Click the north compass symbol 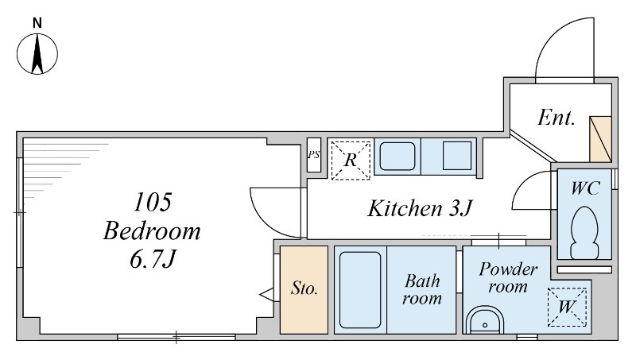[x=37, y=54]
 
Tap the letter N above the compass [x=37, y=23]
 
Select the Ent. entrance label [x=556, y=118]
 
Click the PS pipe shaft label [x=313, y=155]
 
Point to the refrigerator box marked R [x=351, y=161]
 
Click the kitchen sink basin [x=397, y=156]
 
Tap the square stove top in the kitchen [x=456, y=156]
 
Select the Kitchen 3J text [x=420, y=208]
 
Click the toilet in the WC [x=584, y=233]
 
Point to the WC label [x=585, y=188]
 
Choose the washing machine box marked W [x=567, y=307]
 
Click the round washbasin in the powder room [x=485, y=320]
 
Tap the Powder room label [x=508, y=277]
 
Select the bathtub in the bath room [x=360, y=290]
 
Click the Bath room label [x=422, y=289]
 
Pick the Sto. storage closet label [x=304, y=288]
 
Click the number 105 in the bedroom [x=153, y=202]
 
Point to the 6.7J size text [x=153, y=259]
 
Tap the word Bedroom [x=152, y=231]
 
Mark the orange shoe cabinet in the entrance [x=600, y=139]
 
